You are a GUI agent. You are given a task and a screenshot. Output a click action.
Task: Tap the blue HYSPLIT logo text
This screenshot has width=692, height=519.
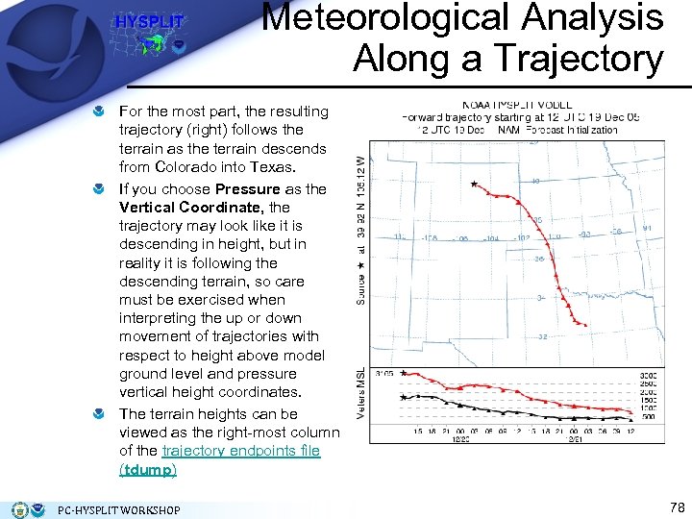click(x=149, y=22)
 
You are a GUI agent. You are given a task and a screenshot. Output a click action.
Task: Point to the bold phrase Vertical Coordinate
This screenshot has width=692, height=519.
click(x=190, y=207)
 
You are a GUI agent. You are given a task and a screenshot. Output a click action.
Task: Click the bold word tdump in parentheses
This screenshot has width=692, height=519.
click(x=147, y=470)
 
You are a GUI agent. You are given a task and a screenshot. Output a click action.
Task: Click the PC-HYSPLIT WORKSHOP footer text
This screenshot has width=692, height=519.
click(x=119, y=509)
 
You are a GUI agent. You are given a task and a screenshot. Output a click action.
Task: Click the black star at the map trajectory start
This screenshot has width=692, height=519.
click(x=474, y=184)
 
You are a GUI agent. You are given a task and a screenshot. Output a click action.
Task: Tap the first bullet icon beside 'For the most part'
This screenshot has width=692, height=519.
click(x=100, y=112)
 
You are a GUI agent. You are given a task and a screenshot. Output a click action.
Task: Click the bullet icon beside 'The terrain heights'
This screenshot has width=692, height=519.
click(x=100, y=414)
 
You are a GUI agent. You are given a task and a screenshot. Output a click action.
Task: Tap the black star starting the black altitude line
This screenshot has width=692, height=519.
click(x=403, y=397)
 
